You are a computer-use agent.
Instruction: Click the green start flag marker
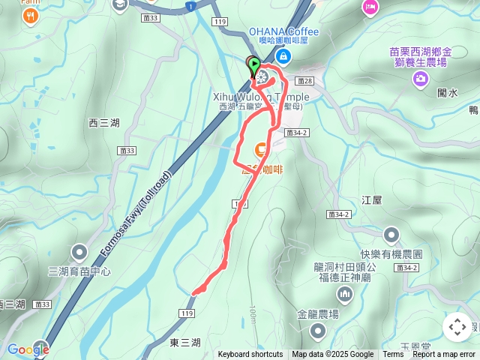click(x=255, y=65)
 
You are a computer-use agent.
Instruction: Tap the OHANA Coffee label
click(x=283, y=31)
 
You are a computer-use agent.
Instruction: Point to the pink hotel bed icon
click(x=370, y=7)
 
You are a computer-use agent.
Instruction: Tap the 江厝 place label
click(x=372, y=200)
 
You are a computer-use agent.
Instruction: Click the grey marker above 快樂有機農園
click(x=391, y=235)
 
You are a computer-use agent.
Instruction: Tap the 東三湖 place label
click(x=184, y=342)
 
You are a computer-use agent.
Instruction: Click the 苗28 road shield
click(x=304, y=80)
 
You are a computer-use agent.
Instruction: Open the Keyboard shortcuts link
click(x=250, y=355)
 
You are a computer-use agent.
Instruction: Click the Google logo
click(x=28, y=349)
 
